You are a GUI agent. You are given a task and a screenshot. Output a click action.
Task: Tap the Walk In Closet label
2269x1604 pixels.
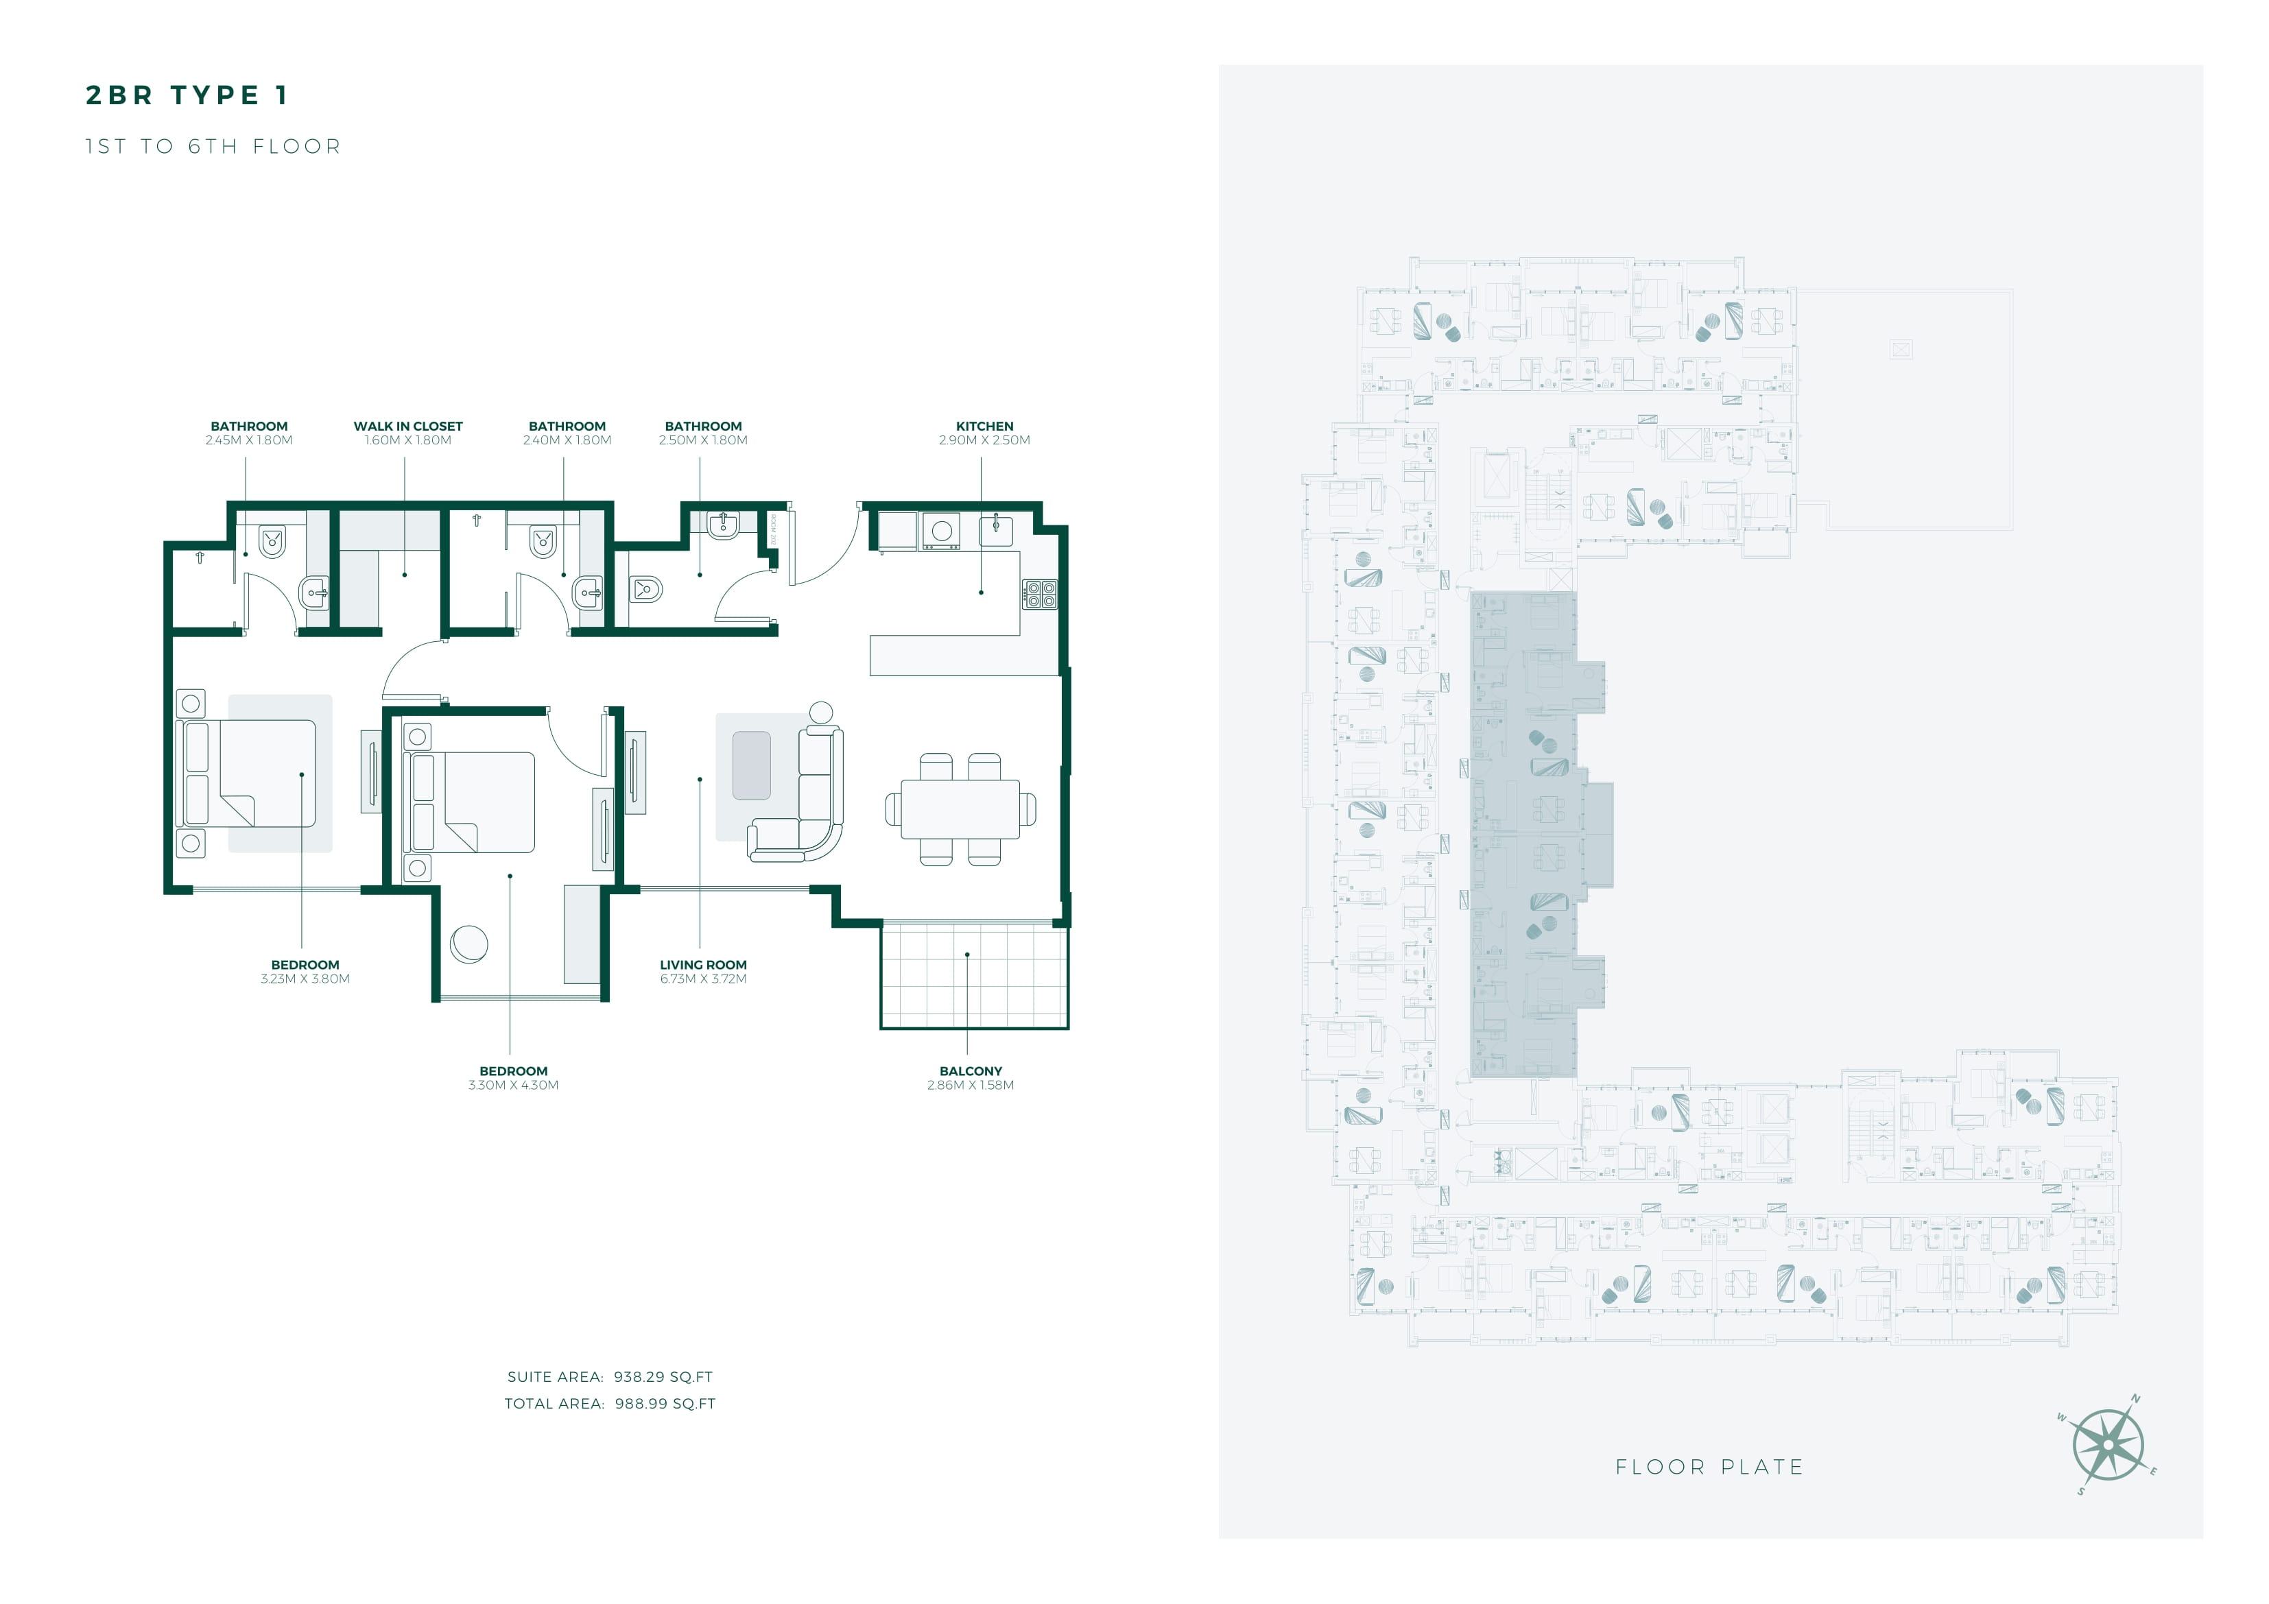[x=408, y=426]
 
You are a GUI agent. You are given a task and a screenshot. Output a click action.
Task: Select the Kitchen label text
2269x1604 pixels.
[x=984, y=426]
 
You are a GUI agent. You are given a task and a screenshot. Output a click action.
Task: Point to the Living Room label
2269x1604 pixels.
[x=704, y=965]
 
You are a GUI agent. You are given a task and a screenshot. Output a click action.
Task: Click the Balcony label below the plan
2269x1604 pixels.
[x=971, y=1071]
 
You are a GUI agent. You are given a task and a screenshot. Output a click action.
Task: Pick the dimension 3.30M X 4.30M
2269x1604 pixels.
[x=514, y=1085]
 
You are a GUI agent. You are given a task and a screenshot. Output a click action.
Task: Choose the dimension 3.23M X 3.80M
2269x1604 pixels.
[x=305, y=979]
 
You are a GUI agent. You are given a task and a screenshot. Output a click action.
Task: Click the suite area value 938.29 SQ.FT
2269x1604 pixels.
[x=663, y=1377]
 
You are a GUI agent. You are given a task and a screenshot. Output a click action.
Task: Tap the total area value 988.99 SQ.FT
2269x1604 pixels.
[x=665, y=1403]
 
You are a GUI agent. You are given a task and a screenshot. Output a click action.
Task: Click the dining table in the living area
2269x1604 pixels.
[x=960, y=809]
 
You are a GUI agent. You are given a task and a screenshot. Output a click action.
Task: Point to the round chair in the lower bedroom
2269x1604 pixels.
[x=468, y=944]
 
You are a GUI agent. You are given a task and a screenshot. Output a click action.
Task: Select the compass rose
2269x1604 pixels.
[x=2108, y=1445]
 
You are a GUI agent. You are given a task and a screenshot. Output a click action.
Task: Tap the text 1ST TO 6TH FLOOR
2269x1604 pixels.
[x=213, y=146]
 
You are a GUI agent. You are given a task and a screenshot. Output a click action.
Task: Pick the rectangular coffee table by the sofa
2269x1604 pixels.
[x=752, y=766]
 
